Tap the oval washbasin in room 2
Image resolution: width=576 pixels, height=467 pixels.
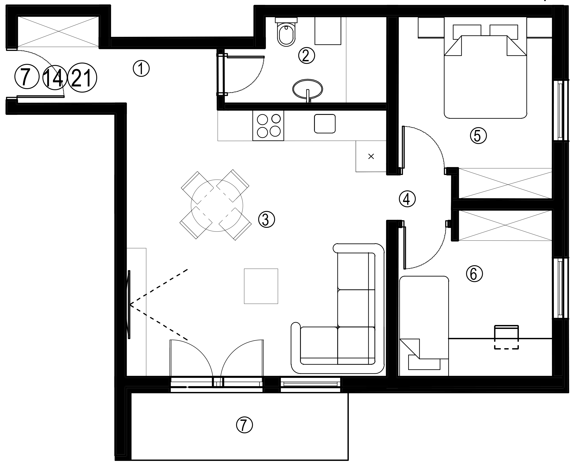(x=307, y=88)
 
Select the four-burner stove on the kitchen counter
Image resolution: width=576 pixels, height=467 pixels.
(x=268, y=126)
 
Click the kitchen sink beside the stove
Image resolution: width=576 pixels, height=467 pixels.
(x=325, y=124)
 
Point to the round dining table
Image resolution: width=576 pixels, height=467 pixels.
(x=217, y=205)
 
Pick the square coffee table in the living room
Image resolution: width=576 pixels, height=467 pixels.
(x=261, y=286)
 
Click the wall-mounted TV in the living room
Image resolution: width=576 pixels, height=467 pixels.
(x=129, y=305)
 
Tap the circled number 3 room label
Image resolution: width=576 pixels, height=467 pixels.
(x=266, y=219)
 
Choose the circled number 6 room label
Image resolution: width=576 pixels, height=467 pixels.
(x=474, y=274)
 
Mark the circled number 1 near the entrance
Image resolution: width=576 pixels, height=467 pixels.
(x=141, y=68)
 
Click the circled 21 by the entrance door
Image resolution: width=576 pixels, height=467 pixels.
(x=82, y=78)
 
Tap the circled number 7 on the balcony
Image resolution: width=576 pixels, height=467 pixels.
(x=244, y=425)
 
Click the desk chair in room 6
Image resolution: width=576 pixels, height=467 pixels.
(x=506, y=337)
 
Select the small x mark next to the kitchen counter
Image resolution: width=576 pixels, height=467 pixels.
(x=371, y=156)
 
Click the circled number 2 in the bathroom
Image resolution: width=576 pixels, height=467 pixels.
(x=306, y=55)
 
